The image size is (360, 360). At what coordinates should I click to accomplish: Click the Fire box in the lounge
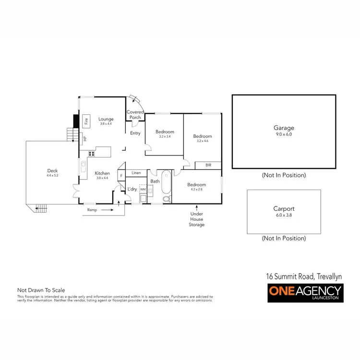click(86, 121)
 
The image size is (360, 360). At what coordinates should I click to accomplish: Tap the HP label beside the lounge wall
click(85, 139)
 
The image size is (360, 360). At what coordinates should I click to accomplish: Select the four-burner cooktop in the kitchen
click(90, 154)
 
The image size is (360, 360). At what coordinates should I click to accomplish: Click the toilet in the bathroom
click(166, 198)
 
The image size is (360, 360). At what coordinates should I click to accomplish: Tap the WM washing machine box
click(143, 190)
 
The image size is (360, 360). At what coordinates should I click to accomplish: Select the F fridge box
click(121, 176)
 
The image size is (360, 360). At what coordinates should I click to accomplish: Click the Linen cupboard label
click(136, 172)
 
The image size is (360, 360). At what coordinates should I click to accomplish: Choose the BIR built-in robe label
click(208, 165)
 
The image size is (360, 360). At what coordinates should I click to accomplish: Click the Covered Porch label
click(135, 115)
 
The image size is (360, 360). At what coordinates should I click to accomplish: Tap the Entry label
click(135, 133)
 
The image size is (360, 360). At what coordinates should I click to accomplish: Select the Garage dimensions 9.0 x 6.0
click(283, 135)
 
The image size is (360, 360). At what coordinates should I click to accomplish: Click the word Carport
click(283, 209)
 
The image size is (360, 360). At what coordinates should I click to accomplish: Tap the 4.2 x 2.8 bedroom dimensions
click(196, 190)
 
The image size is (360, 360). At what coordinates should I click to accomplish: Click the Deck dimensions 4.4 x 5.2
click(52, 176)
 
